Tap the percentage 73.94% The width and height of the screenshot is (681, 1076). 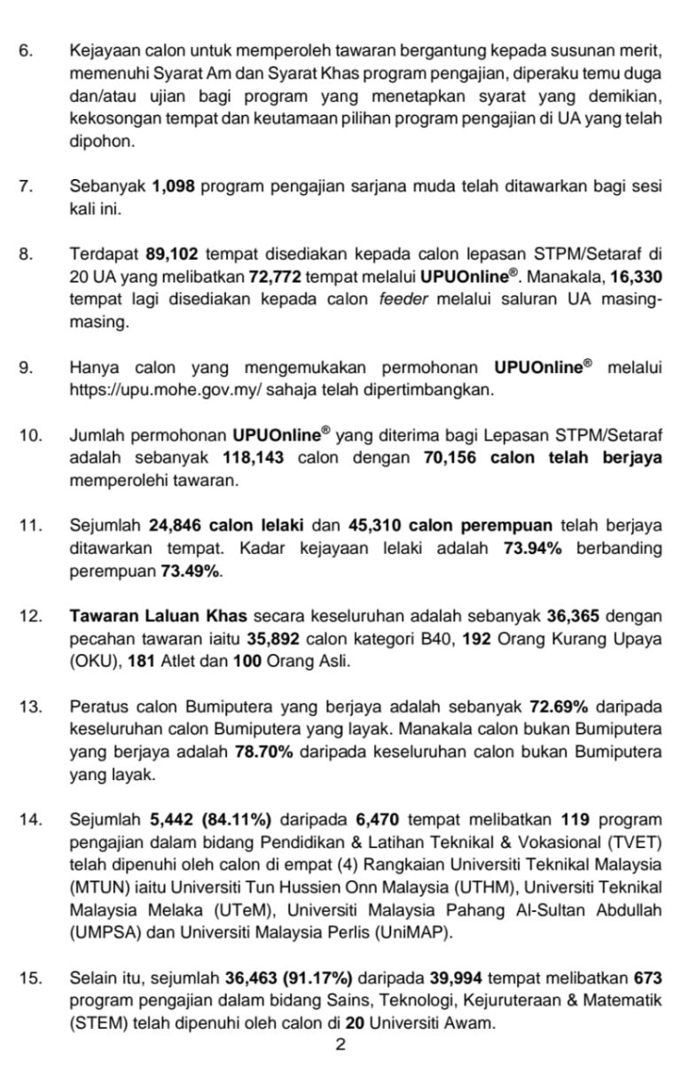[533, 549]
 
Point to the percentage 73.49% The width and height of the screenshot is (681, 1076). [190, 572]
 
